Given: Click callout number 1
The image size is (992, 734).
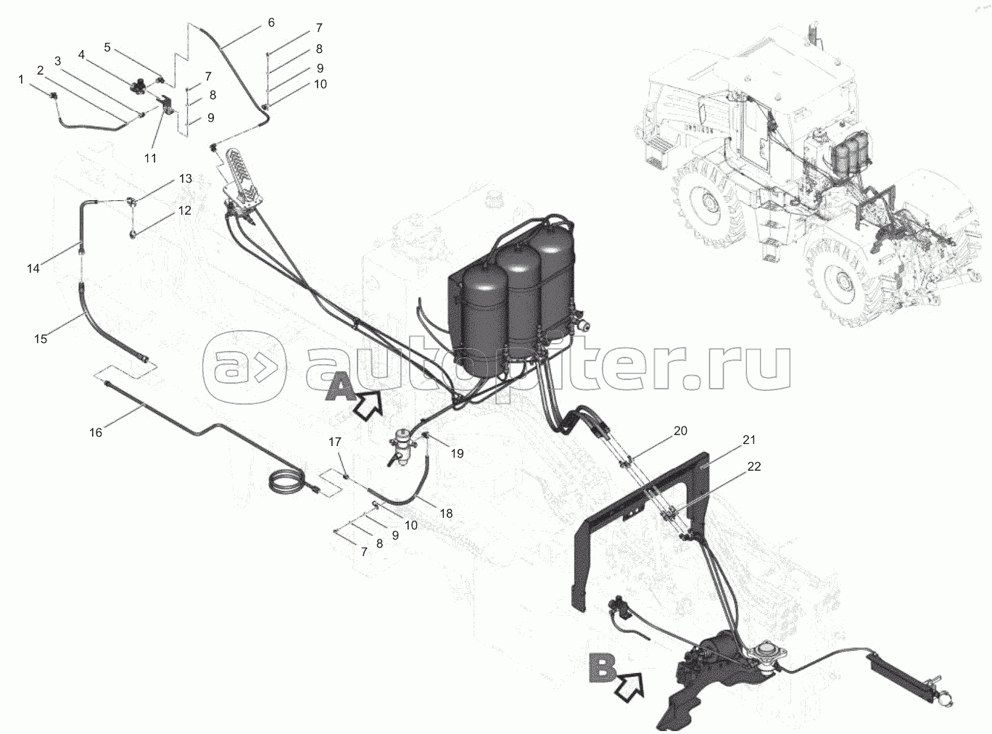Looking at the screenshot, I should pyautogui.click(x=22, y=79).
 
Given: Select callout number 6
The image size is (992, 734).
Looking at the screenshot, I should pyautogui.click(x=271, y=22).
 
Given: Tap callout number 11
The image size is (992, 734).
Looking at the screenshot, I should pyautogui.click(x=150, y=157).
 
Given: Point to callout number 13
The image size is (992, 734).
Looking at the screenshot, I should pyautogui.click(x=186, y=178).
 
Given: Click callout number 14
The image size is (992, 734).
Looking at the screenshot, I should pyautogui.click(x=33, y=268).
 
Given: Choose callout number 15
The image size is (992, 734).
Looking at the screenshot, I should pyautogui.click(x=41, y=338).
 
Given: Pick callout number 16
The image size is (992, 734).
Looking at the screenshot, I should pyautogui.click(x=96, y=432).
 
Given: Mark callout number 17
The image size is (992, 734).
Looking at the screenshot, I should pyautogui.click(x=334, y=442).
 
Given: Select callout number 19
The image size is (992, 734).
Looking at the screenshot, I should pyautogui.click(x=456, y=453).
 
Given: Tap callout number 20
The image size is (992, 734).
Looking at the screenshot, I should pyautogui.click(x=680, y=430).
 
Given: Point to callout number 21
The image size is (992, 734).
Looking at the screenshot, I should pyautogui.click(x=749, y=440).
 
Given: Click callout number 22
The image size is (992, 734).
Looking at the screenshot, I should pyautogui.click(x=754, y=466).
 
